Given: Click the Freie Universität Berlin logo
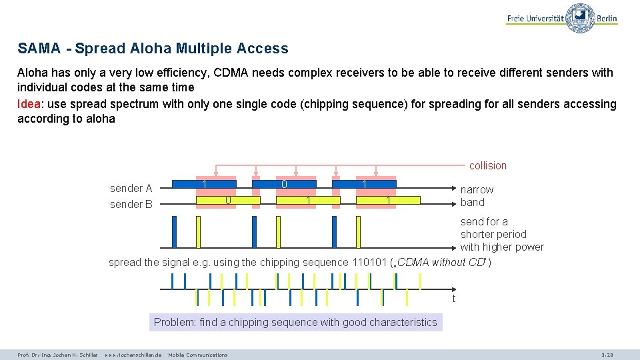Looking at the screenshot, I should (561, 18).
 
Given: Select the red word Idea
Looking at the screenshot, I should (28, 104).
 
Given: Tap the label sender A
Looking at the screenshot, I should (131, 189).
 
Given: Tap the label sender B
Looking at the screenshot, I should (131, 204).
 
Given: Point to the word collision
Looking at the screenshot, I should (487, 165).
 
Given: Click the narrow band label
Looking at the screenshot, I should (477, 196).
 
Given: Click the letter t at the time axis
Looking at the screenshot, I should (454, 299).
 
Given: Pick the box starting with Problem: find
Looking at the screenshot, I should (295, 323).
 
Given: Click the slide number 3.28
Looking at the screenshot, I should (607, 355).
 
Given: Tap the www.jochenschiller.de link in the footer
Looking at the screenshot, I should (133, 355).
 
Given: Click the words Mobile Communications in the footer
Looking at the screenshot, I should (197, 355).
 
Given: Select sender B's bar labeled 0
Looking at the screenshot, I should (227, 200).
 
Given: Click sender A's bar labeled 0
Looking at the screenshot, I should (284, 184).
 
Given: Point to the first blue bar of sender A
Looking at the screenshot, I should (204, 184).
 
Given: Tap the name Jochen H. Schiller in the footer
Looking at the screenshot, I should (73, 355).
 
